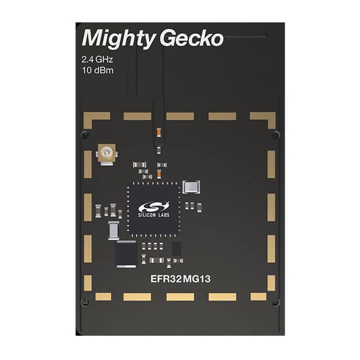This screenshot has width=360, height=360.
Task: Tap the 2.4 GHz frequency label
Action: click(100, 60)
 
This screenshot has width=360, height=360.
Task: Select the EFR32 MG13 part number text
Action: click(179, 278)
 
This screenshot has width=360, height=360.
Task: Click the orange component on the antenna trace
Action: click(160, 133)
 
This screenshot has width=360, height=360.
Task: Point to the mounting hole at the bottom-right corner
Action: click(275, 303)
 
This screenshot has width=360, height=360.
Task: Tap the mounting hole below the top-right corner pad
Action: click(275, 135)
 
